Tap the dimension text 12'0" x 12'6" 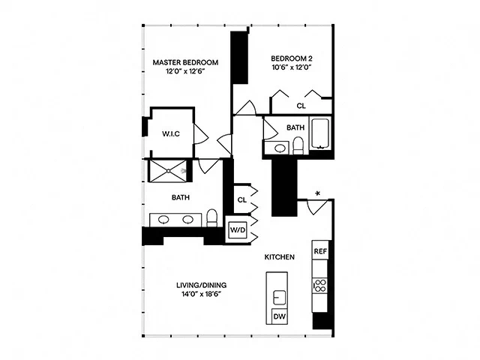coord(185,72)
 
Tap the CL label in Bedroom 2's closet coord(301,106)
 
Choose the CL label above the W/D coord(241,199)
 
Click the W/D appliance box coord(238,229)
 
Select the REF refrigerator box coord(320,251)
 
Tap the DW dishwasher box coord(278,317)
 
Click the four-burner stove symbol coord(319,285)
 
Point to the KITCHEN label coord(279,257)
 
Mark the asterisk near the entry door coord(318,194)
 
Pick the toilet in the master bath coord(212,218)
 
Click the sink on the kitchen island coord(278,292)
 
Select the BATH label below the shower coord(181,198)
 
